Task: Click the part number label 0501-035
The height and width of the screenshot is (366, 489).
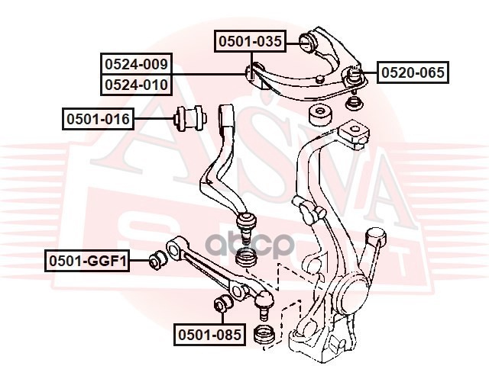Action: tap(249, 42)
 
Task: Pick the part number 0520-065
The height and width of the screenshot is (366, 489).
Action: tap(412, 73)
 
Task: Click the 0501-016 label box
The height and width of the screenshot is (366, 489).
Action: tap(99, 119)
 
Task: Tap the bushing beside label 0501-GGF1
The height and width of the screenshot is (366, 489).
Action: tap(157, 259)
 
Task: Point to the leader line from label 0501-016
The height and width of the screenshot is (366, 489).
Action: tap(154, 119)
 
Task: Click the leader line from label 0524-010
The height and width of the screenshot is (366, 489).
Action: tap(210, 74)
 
